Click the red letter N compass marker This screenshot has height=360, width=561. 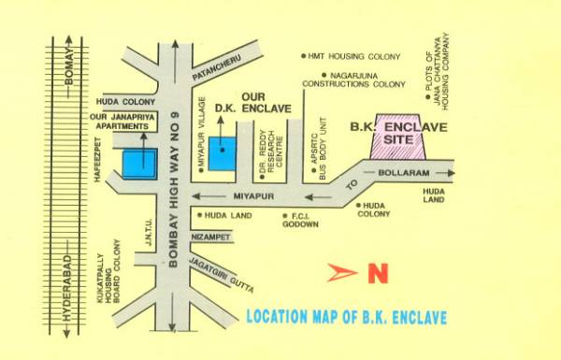(x=377, y=274)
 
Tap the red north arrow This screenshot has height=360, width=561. (x=342, y=273)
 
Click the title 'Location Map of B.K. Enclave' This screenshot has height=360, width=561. (x=346, y=316)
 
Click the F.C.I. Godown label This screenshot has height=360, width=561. (x=300, y=220)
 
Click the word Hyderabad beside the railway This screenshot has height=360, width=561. (x=66, y=291)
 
